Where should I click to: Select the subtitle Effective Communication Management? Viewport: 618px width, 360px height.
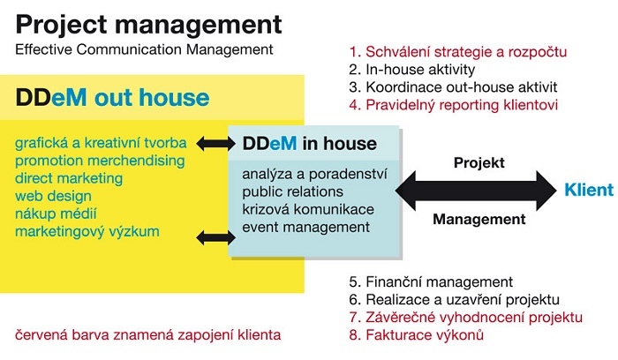144,50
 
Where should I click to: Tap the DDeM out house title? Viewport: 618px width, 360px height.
112,97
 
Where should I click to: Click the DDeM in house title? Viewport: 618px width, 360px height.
309,143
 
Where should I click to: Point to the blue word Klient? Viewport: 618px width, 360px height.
589,190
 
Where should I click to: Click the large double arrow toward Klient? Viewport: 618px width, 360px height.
476,191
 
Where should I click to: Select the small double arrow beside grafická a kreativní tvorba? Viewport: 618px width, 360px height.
215,143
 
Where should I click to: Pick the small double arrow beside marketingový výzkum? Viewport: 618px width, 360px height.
215,238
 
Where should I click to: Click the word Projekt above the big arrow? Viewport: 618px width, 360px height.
479,162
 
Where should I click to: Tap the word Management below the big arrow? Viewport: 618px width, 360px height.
479,219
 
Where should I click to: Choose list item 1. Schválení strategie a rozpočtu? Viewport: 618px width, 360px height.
458,51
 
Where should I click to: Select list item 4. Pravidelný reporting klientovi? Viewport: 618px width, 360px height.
453,105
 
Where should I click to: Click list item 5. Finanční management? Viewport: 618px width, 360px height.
431,282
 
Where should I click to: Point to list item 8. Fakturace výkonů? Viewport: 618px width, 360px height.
416,335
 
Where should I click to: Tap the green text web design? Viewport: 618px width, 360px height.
53,196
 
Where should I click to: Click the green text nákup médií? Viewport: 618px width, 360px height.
56,214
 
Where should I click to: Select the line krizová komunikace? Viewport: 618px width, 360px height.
308,209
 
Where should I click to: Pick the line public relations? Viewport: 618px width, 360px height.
292,191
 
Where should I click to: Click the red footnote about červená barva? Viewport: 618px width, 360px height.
147,335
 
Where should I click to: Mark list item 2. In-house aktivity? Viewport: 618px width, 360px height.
412,70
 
